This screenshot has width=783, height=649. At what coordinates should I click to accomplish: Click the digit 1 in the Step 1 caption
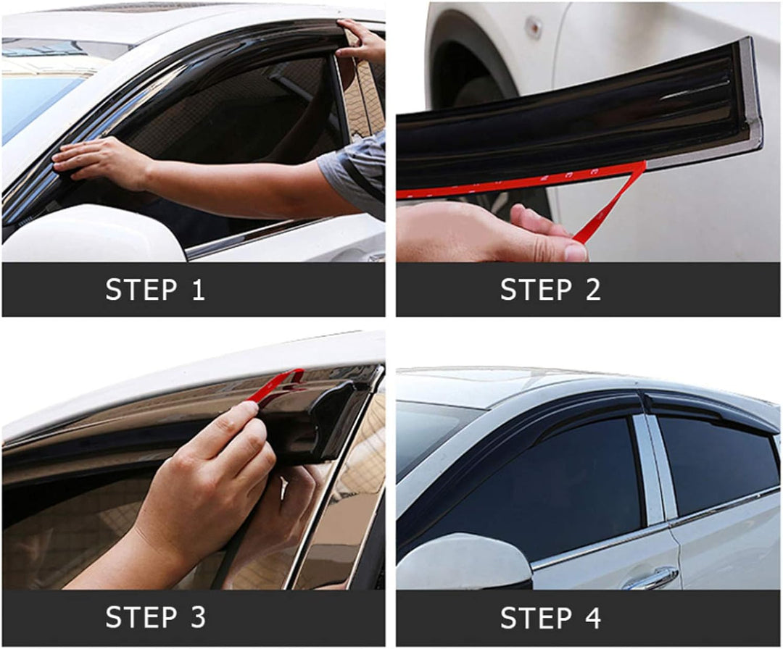tap(199, 289)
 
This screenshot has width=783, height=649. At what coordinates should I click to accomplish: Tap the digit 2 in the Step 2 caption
tap(593, 289)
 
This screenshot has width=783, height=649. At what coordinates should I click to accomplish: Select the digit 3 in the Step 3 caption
tap(198, 617)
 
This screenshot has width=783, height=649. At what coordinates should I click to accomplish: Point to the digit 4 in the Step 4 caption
tap(593, 618)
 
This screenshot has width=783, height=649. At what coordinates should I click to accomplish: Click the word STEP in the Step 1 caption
tap(141, 289)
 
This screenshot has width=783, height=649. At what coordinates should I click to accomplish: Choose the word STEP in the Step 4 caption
tap(536, 618)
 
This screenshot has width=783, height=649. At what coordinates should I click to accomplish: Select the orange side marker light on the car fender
tap(534, 27)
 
